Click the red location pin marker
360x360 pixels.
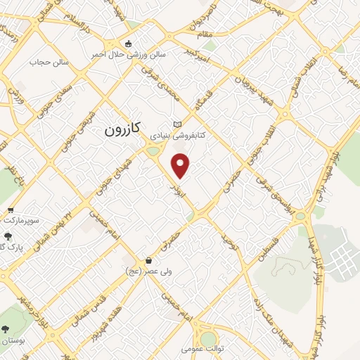coord(181,166)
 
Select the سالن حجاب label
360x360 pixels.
coord(46,63)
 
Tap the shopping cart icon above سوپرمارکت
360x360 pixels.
coord(11,210)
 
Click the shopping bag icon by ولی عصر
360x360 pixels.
coord(148,259)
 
